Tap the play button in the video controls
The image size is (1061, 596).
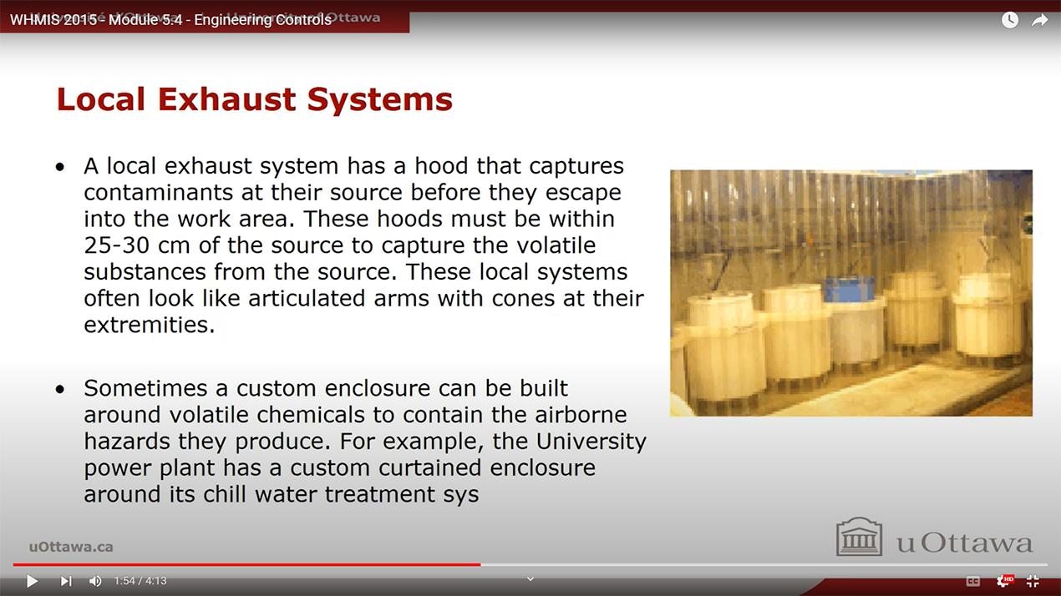click(x=32, y=581)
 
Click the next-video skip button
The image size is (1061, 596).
click(x=66, y=581)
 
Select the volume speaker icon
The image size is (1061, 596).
click(x=95, y=581)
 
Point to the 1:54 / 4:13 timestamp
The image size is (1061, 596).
click(x=140, y=581)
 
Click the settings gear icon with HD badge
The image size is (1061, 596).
click(x=1003, y=581)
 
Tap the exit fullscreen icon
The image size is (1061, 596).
click(x=1033, y=581)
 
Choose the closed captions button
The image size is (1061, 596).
click(x=973, y=581)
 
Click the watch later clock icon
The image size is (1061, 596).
click(x=1010, y=20)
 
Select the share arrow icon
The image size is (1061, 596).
click(x=1039, y=20)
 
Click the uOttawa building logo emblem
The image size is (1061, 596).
click(x=859, y=537)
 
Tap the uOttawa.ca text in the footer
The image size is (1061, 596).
click(x=71, y=547)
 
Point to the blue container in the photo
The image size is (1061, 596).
click(x=850, y=290)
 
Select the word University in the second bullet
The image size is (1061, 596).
click(x=592, y=441)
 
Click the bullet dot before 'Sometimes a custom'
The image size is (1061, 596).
click(x=59, y=389)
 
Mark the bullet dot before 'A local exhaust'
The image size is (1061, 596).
click(x=59, y=167)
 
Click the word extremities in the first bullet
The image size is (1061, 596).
click(x=150, y=325)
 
